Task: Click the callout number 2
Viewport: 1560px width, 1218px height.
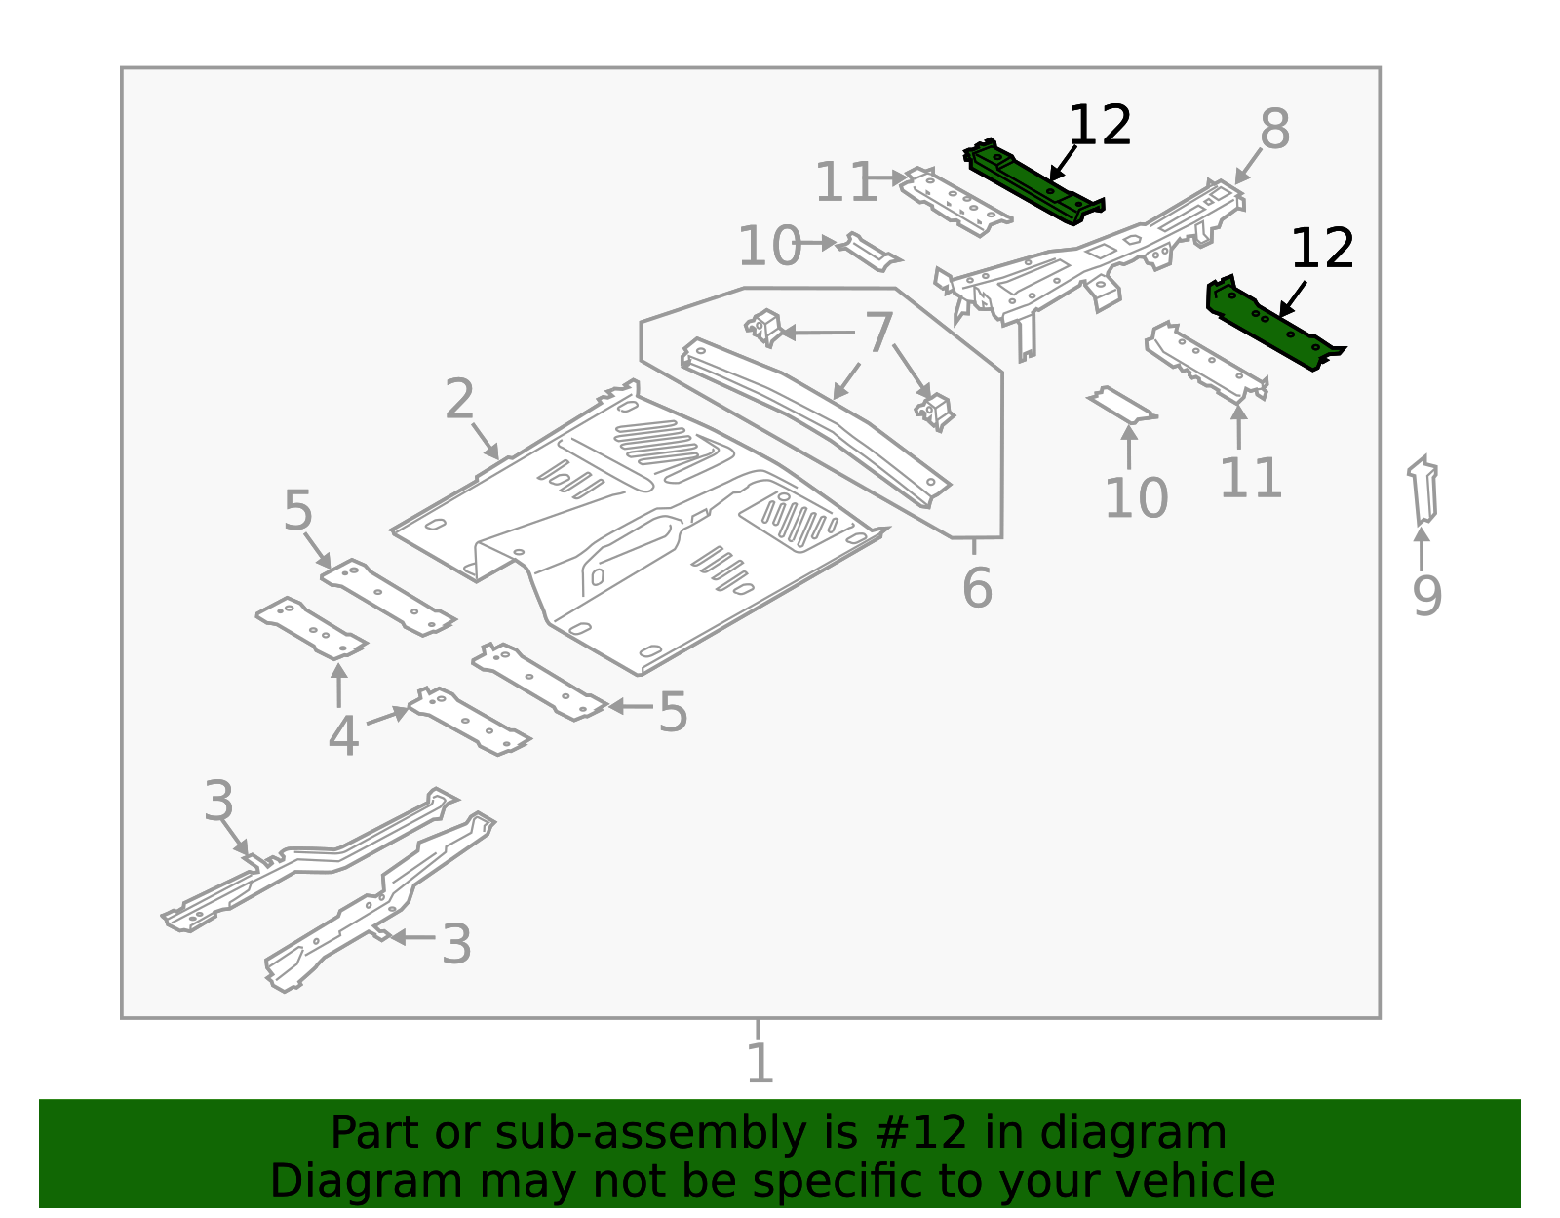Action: point(459,400)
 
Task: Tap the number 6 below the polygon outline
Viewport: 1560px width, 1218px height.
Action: point(976,588)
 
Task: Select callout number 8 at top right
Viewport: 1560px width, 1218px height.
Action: point(1274,130)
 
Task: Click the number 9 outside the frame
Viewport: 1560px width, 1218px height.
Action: point(1426,596)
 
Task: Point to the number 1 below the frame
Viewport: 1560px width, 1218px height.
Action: point(759,1063)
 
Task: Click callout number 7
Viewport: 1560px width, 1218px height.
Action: point(879,334)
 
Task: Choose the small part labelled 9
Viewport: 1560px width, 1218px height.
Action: point(1423,492)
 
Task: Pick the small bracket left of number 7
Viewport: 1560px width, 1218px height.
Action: point(765,327)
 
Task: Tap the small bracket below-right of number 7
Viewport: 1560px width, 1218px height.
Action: point(934,410)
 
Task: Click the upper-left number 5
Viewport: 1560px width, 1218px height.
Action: point(297,511)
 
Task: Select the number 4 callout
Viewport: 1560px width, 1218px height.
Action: point(342,736)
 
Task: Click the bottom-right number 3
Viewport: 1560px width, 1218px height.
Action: point(456,945)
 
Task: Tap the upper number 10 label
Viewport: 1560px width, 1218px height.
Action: point(768,246)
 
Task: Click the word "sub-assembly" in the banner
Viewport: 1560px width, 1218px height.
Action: point(638,1133)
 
